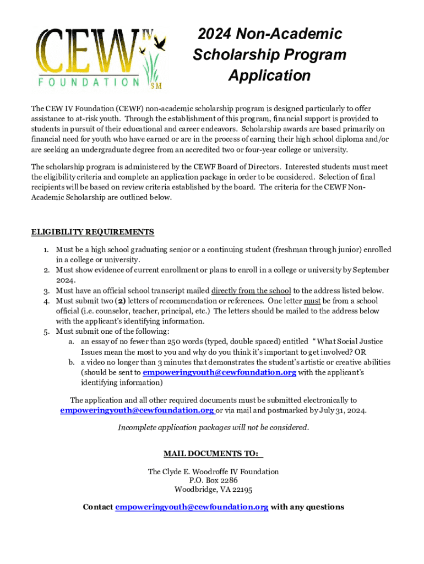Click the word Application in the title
[269, 75]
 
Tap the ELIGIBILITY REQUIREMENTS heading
[93, 232]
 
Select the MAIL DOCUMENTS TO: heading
[211, 454]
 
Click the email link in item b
[219, 373]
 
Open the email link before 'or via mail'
[137, 410]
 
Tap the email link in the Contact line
[192, 507]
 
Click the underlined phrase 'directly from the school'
[251, 291]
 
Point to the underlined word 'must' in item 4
[312, 301]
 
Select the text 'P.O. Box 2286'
[213, 480]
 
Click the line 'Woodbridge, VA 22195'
[213, 489]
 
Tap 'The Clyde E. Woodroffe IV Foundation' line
[213, 471]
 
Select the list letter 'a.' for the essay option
[72, 342]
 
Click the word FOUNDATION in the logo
[89, 82]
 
